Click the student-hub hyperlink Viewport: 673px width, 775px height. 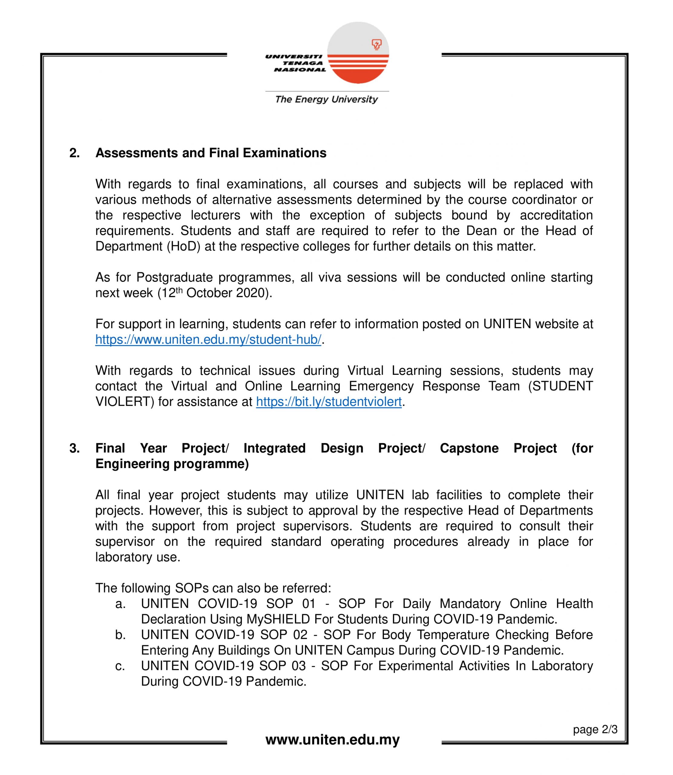(208, 340)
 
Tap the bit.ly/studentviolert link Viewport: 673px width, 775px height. (329, 402)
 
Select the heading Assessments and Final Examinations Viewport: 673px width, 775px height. (211, 153)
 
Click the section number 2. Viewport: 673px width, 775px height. (74, 153)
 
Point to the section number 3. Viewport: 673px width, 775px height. (74, 448)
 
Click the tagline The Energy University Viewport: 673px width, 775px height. (326, 100)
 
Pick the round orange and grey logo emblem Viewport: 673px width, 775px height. (358, 53)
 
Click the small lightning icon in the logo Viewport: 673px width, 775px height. (377, 44)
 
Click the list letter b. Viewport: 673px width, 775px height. (120, 635)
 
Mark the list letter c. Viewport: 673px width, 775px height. (120, 666)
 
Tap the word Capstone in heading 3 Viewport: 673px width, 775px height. (469, 448)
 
